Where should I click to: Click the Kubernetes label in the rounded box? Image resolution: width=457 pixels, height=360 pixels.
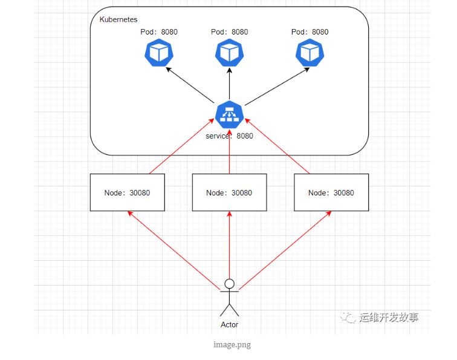click(118, 20)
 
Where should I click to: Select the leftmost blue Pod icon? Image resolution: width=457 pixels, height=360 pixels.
click(159, 53)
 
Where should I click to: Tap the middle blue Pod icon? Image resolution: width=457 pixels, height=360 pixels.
click(230, 53)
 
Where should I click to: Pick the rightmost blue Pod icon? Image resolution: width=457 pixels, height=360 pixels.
click(310, 53)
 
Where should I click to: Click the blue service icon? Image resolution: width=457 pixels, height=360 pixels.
click(230, 115)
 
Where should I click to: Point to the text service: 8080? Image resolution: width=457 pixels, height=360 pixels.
click(230, 136)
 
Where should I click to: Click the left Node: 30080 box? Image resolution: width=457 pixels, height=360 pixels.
click(128, 192)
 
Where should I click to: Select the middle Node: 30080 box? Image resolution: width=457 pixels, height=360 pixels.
click(229, 192)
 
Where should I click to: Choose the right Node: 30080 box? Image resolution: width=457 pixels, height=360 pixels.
click(331, 192)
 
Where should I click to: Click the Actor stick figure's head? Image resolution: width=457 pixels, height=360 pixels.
click(229, 283)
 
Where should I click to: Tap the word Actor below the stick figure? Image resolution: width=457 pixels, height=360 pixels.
click(230, 325)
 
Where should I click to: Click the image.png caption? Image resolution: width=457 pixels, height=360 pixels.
click(232, 345)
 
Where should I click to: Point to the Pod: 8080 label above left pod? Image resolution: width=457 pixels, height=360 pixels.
click(159, 32)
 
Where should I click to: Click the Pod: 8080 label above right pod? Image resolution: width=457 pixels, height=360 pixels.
click(310, 32)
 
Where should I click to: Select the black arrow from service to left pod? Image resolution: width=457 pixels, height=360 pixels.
click(189, 85)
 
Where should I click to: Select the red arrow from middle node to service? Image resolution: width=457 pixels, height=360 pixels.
click(230, 151)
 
